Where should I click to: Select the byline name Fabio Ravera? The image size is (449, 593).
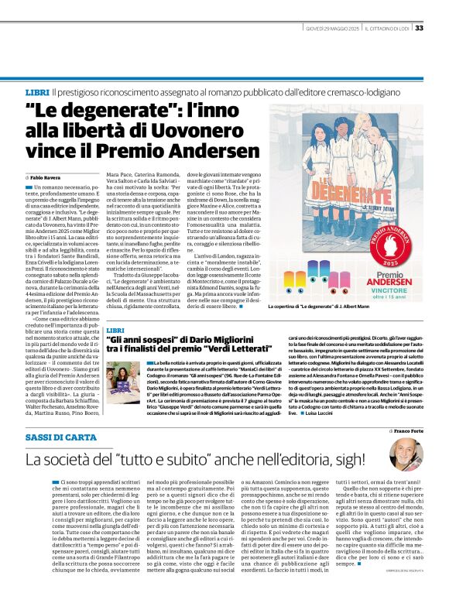(46, 177)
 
